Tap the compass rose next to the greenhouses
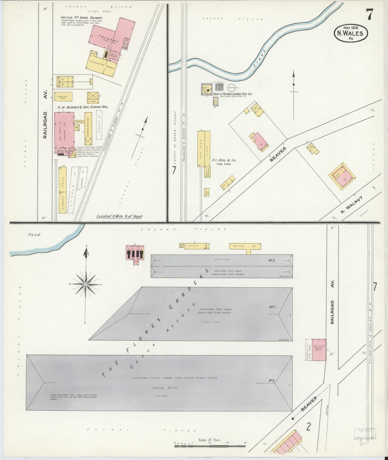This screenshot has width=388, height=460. point(85,284)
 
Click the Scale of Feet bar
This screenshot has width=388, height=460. point(210,446)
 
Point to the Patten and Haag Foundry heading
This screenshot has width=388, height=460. point(81,18)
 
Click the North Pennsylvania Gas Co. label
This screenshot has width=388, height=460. point(233,94)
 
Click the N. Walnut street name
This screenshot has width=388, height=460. point(351,205)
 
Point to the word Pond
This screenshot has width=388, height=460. point(34,235)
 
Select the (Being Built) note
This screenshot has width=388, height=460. point(161,388)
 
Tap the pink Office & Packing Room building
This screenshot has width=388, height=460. point(319,350)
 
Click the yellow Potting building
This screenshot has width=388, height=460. point(245,246)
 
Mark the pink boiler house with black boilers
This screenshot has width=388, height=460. point(135,253)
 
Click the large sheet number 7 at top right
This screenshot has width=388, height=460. point(369,15)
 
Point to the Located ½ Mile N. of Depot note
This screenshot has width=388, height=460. point(119,216)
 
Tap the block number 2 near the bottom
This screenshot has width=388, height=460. point(309,426)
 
